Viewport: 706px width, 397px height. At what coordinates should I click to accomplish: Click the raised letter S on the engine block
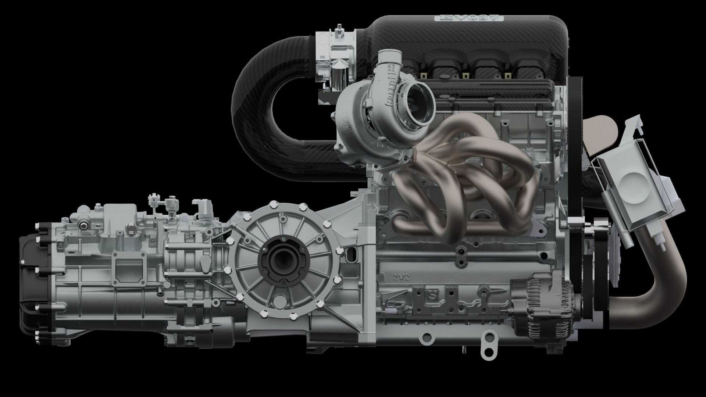pos(433,295)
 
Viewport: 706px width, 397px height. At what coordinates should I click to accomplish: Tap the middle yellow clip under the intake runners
pos(466,76)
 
